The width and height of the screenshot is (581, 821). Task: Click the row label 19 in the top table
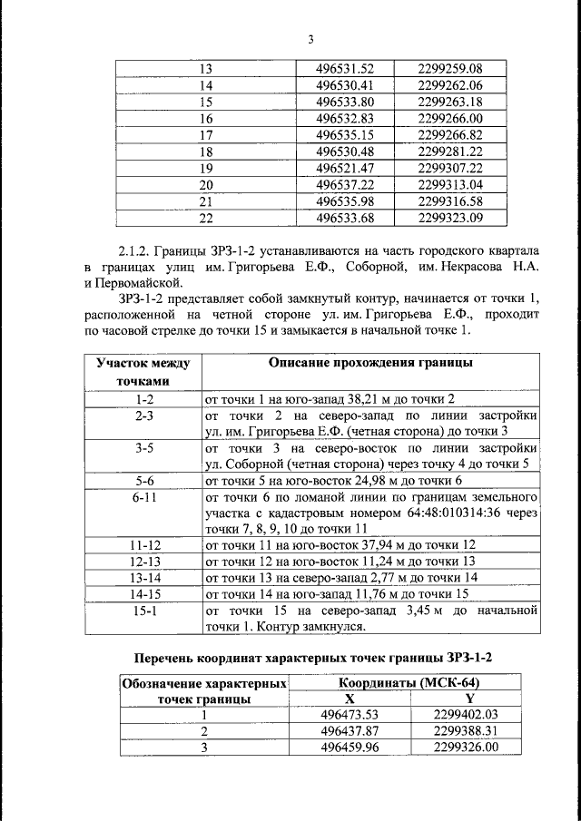pyautogui.click(x=204, y=168)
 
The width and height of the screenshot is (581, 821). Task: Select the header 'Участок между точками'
pyautogui.click(x=143, y=372)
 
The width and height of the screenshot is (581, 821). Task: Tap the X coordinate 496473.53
pyautogui.click(x=350, y=715)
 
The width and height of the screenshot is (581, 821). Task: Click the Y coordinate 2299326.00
pyautogui.click(x=467, y=748)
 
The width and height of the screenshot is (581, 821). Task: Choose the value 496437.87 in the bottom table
pyautogui.click(x=350, y=731)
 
